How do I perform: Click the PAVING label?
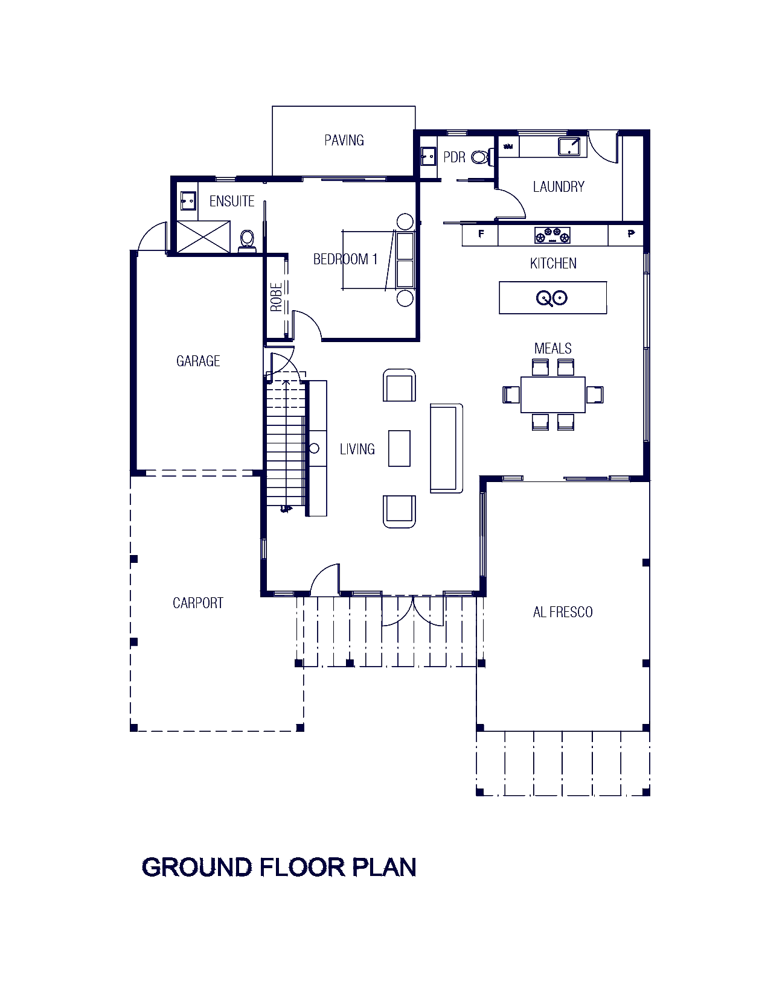(x=346, y=141)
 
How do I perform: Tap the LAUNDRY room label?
(x=559, y=186)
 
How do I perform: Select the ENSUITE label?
(x=229, y=202)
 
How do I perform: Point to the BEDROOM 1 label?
(x=345, y=259)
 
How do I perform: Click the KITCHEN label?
(x=553, y=263)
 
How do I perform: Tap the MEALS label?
(x=552, y=348)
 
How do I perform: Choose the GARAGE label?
(x=196, y=361)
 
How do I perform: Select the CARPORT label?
(x=198, y=602)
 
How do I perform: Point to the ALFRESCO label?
(x=563, y=612)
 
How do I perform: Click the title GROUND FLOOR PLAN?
(x=278, y=868)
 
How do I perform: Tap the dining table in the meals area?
(x=553, y=395)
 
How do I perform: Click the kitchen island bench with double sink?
(x=552, y=297)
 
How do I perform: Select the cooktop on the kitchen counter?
(x=552, y=235)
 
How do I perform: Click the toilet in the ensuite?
(x=247, y=240)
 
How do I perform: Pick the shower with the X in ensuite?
(x=202, y=236)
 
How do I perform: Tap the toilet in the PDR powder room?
(x=480, y=157)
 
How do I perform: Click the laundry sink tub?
(x=568, y=147)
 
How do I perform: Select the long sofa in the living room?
(x=444, y=449)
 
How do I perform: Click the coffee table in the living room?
(x=399, y=449)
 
